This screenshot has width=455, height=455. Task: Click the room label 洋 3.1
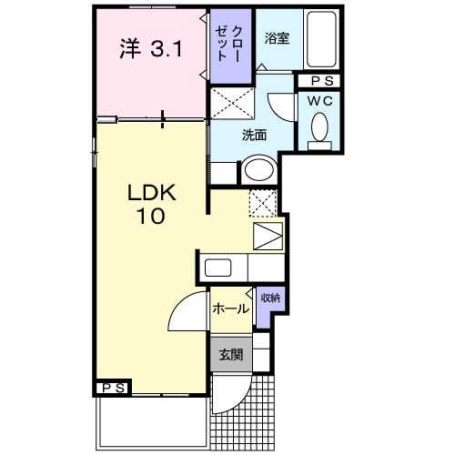[x=151, y=48]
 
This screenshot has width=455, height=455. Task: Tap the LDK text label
[x=152, y=192]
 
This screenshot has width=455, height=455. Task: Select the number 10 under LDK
[x=151, y=216]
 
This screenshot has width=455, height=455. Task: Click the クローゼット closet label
[x=229, y=44]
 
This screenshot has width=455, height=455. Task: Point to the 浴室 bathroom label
[x=277, y=38]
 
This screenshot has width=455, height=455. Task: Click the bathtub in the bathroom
[x=321, y=39]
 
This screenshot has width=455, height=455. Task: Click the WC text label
[x=319, y=101]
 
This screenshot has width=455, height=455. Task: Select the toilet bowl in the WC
[x=319, y=127]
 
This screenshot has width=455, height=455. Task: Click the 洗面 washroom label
[x=254, y=135]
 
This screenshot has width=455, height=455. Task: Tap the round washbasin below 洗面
[x=259, y=169]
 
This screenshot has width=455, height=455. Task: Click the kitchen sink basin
[x=217, y=268]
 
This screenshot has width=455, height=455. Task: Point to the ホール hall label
[x=231, y=308]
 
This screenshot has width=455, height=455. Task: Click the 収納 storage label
[x=270, y=298]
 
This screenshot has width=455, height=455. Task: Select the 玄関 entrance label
[x=231, y=354]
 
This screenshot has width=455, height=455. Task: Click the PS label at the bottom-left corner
[x=114, y=388]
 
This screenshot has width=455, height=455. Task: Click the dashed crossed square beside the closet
[x=232, y=103]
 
